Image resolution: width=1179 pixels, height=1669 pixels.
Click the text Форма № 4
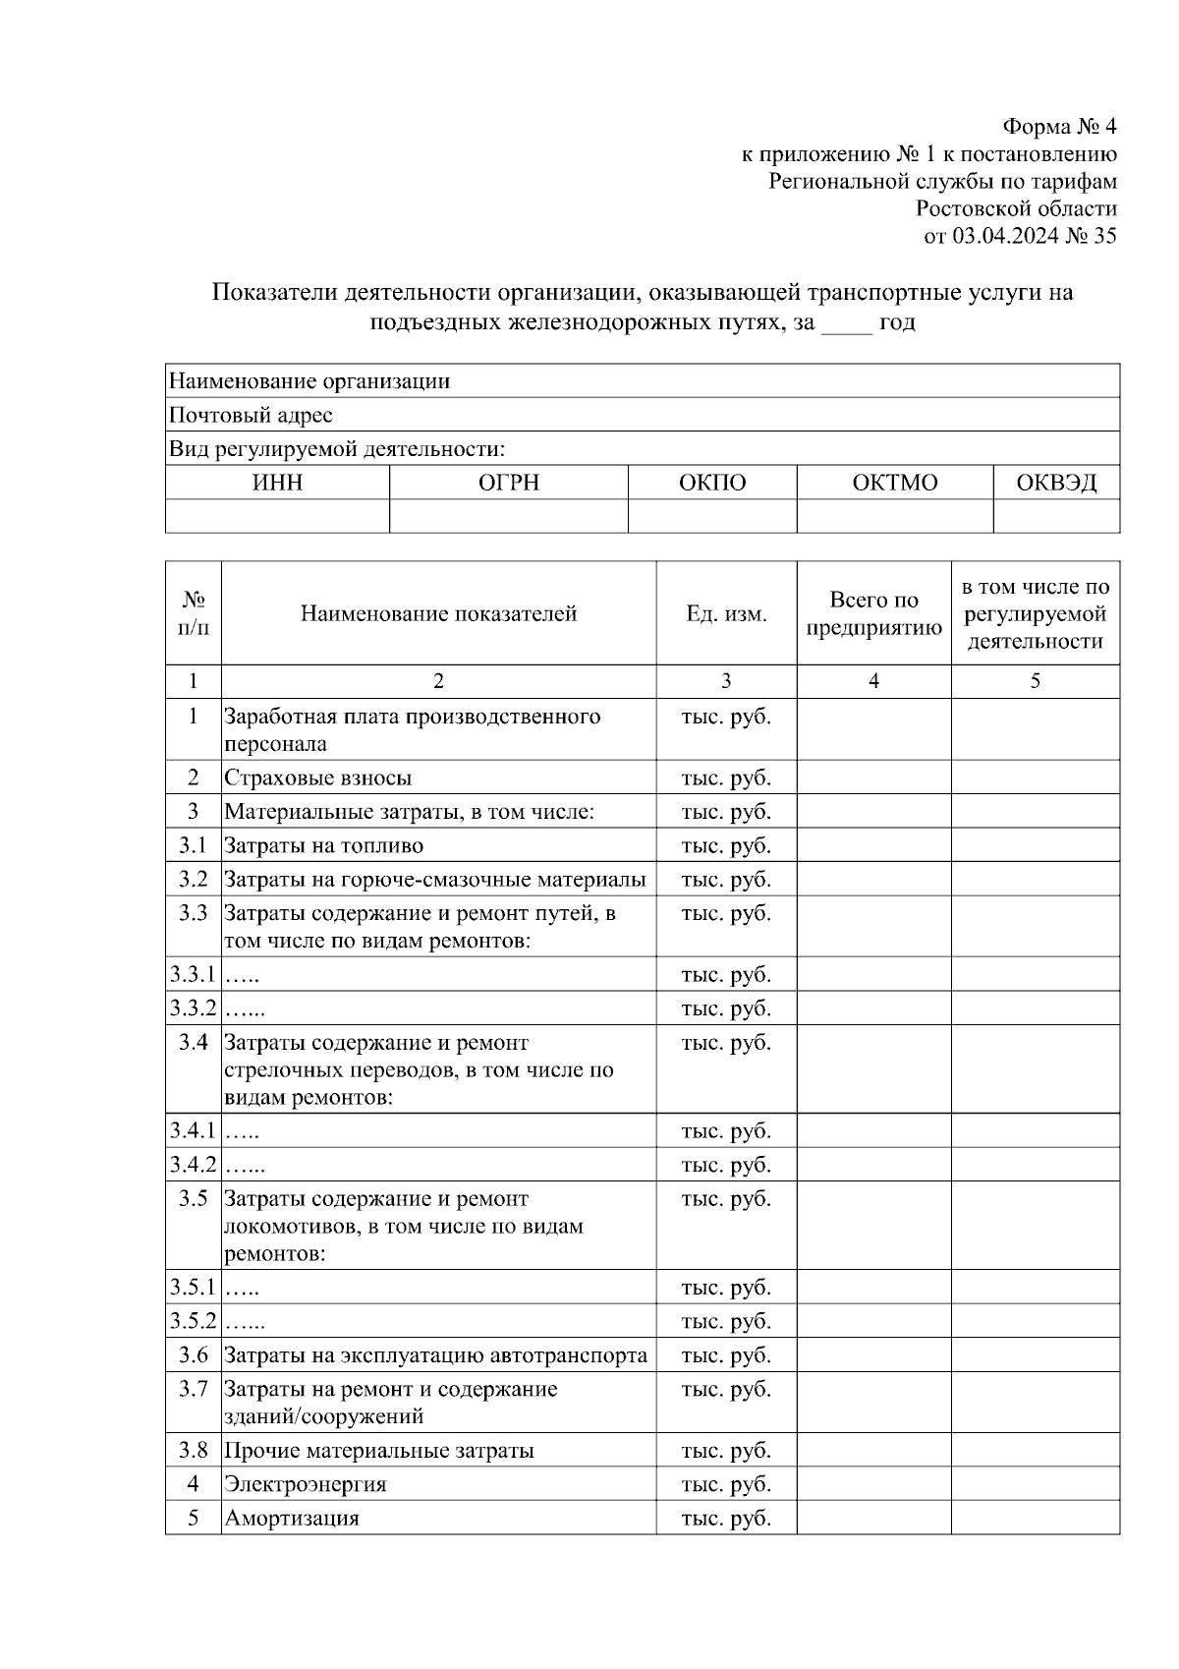(x=1059, y=127)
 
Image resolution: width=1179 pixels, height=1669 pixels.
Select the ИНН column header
(x=277, y=483)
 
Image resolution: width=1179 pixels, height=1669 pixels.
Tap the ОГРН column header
(x=508, y=483)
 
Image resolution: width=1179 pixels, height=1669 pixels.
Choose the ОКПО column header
(x=711, y=483)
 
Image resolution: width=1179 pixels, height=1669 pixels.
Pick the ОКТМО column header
(x=894, y=483)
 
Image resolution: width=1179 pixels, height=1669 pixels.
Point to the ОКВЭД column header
(x=1056, y=483)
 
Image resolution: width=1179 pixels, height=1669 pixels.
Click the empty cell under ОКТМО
(x=894, y=516)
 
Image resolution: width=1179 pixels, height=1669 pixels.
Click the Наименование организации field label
(x=309, y=381)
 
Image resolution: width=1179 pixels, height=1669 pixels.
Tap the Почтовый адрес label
(x=251, y=416)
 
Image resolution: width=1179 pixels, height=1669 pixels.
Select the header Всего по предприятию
(x=873, y=614)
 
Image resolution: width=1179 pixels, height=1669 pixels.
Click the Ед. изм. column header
(x=726, y=614)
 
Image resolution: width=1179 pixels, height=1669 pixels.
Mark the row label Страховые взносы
(x=317, y=778)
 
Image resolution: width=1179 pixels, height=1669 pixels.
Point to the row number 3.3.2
(x=193, y=1008)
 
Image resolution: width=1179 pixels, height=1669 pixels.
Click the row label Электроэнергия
(x=305, y=1484)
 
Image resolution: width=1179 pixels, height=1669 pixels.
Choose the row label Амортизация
(x=292, y=1519)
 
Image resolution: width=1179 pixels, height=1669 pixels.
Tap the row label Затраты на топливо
(x=323, y=846)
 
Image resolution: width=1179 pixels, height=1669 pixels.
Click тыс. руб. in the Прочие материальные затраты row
(x=726, y=1451)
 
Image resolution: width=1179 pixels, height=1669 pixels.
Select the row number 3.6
(x=194, y=1356)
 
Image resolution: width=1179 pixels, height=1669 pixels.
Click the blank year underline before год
(x=846, y=324)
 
